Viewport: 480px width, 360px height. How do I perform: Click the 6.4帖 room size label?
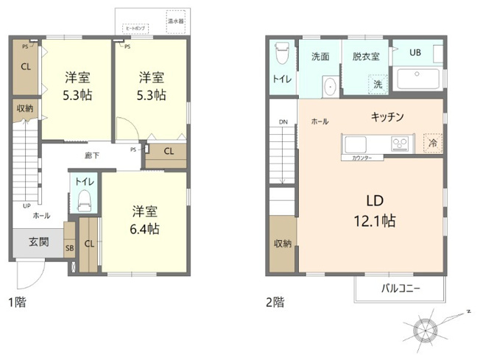[x=145, y=229]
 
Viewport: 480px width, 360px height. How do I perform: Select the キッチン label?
[x=387, y=117]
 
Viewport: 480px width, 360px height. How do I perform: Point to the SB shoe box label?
[x=69, y=248]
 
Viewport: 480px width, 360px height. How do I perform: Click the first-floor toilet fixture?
[x=83, y=198]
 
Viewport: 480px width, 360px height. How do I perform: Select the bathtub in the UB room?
[x=418, y=79]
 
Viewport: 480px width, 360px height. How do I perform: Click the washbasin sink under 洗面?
[x=330, y=86]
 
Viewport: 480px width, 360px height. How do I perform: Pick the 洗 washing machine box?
[x=378, y=85]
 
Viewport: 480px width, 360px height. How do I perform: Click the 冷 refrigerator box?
[x=432, y=143]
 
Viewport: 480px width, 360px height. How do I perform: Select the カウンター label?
[x=361, y=158]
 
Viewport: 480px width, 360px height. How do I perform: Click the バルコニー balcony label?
[x=400, y=289]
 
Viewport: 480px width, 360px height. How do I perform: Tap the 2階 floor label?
[x=275, y=302]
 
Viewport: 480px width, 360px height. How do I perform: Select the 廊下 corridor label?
[x=92, y=155]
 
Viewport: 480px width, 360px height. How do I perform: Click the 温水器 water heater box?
[x=176, y=18]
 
